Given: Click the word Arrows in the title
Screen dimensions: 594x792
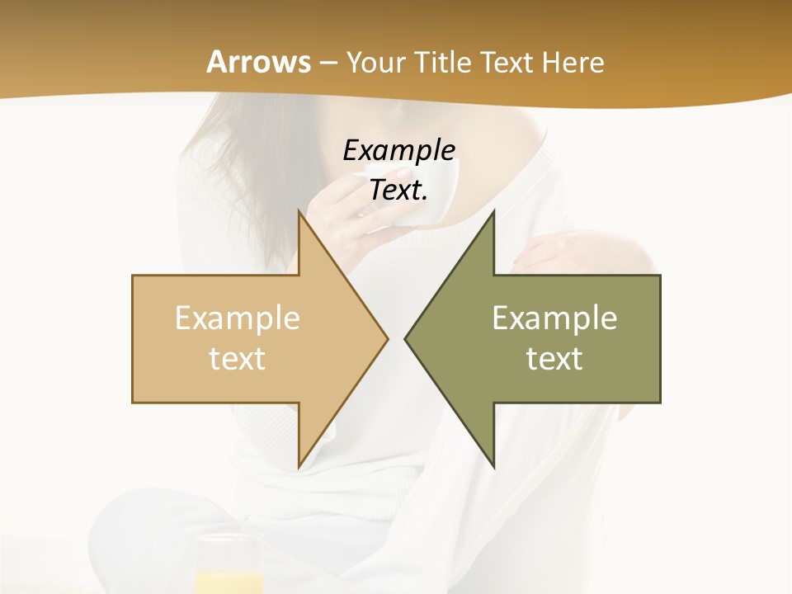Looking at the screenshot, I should pos(258,62).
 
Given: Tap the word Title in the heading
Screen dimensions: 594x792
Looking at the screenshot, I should pos(446,63).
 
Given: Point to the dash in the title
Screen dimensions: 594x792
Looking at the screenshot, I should pos(328,64).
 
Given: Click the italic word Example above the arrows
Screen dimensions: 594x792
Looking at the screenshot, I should pos(399,151).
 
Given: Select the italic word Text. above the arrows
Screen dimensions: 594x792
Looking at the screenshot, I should pos(399,191).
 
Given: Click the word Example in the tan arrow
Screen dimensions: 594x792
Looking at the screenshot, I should pos(238,318).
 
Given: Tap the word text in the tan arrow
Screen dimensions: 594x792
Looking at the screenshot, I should pos(238,358).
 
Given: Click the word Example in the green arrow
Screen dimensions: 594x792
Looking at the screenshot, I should pos(554,318).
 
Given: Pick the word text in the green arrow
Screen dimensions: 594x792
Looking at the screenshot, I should pos(554,358).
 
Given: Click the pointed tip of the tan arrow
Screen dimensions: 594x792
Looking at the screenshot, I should pos(385,338).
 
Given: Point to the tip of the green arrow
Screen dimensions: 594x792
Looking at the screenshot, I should pos(408,338).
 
